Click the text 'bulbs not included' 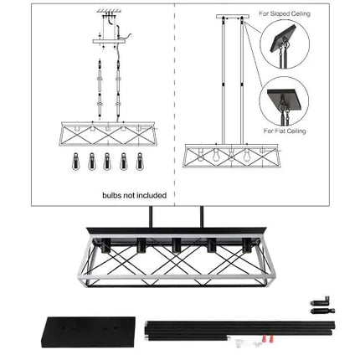point(134,195)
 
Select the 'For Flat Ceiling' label point(285,131)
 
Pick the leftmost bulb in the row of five point(75,161)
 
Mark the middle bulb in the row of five point(105,161)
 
